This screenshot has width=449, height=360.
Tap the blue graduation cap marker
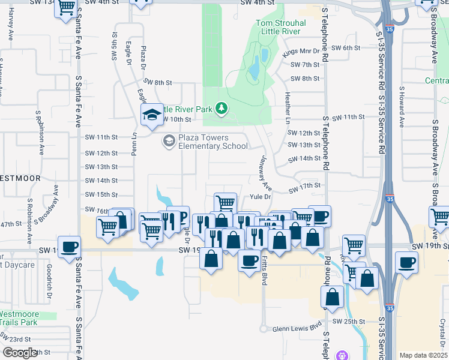coord(152,114)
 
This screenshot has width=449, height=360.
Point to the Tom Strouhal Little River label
coord(281,28)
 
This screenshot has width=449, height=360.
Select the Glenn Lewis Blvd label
coord(297,329)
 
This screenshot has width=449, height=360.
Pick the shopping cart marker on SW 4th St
coord(67,9)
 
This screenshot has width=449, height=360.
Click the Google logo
coord(20,353)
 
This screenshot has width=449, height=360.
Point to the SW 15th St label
coord(101,194)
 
